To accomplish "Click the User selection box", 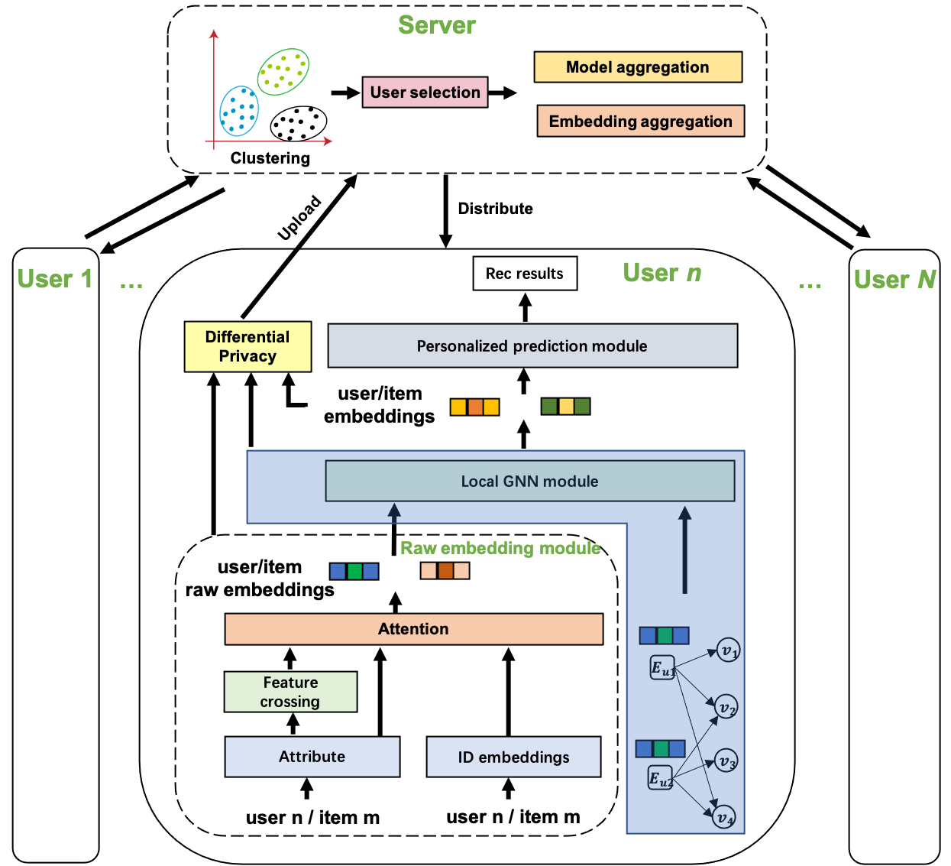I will pyautogui.click(x=425, y=92).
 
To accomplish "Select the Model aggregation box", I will pyautogui.click(x=638, y=67).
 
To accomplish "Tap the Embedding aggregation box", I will pyautogui.click(x=640, y=122).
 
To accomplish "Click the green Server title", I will pyautogui.click(x=437, y=25).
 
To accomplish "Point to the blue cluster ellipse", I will pyautogui.click(x=239, y=111).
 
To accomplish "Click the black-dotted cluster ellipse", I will pyautogui.click(x=299, y=123).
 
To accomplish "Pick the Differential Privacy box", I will pyautogui.click(x=247, y=346).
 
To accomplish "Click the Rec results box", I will pyautogui.click(x=525, y=274).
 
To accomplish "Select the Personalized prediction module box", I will pyautogui.click(x=532, y=346).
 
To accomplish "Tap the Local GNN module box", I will pyautogui.click(x=530, y=482).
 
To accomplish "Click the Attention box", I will pyautogui.click(x=413, y=629).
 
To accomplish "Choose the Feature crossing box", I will pyautogui.click(x=290, y=692).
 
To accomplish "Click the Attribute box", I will pyautogui.click(x=312, y=757).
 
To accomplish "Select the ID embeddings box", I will pyautogui.click(x=513, y=757).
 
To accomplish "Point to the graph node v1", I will pyautogui.click(x=729, y=650).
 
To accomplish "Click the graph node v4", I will pyautogui.click(x=724, y=817).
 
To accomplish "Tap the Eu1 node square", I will pyautogui.click(x=662, y=668).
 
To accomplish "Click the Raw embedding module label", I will pyautogui.click(x=500, y=548).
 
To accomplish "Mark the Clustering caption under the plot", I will pyautogui.click(x=270, y=158).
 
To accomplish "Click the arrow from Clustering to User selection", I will pyautogui.click(x=344, y=92).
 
